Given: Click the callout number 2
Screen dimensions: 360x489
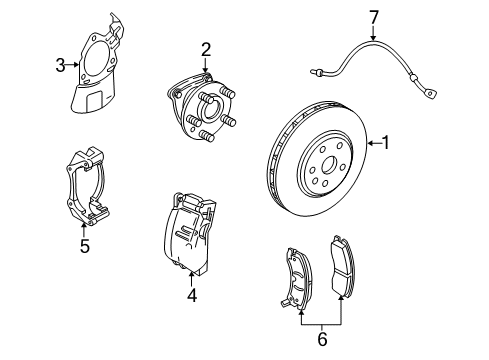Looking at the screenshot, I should (x=206, y=48).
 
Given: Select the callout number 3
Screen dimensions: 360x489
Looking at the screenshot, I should (x=61, y=66).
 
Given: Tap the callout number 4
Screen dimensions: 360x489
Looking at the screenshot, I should (x=192, y=294).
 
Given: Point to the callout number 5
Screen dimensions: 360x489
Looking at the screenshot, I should (x=85, y=245).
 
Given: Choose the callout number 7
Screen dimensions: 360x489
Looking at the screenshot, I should (x=374, y=16).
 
